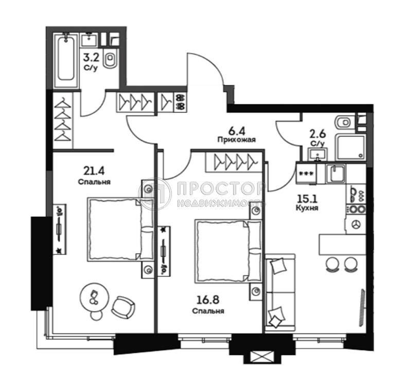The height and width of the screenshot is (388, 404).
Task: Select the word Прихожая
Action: click(236, 139)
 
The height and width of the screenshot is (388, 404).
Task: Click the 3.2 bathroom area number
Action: click(92, 58)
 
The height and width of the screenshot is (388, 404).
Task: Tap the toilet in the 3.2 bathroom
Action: click(110, 61)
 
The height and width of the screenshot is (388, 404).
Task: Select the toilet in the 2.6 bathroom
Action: click(343, 122)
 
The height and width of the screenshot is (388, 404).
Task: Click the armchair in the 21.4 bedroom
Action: click(124, 307)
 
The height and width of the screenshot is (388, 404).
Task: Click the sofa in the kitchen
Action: click(280, 291)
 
